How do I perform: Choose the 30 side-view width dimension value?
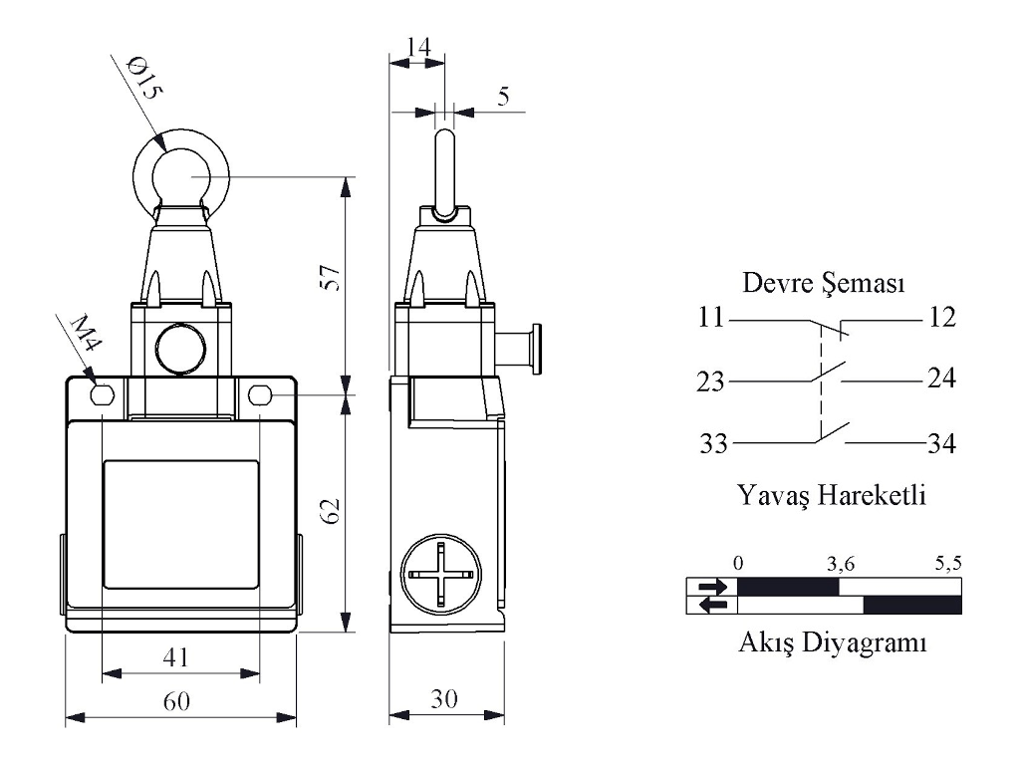pos(444,699)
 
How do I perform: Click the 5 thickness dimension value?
pos(502,97)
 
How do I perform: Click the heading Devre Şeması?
pos(824,284)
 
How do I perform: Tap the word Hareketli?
pos(873,494)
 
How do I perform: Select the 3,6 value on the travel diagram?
pos(841,563)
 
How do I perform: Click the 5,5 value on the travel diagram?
pos(947,563)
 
